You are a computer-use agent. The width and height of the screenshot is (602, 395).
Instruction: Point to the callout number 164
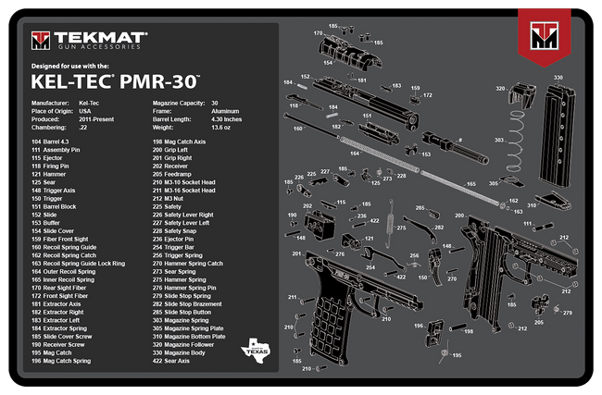354,154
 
